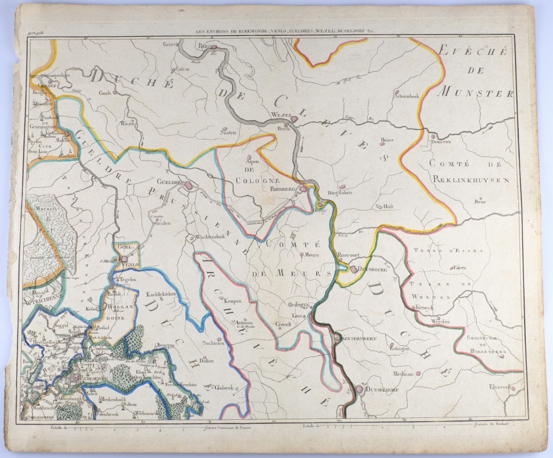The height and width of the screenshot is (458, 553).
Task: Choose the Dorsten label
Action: point(441,142)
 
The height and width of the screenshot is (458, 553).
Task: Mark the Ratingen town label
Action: point(399,349)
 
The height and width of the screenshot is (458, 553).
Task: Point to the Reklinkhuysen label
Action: point(470,180)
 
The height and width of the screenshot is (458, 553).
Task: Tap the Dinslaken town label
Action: point(340,192)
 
